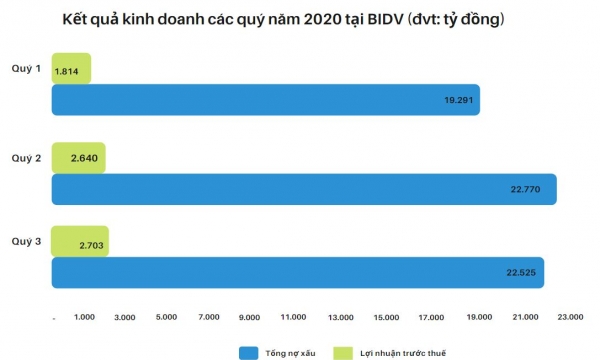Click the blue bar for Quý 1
pyautogui.click(x=265, y=100)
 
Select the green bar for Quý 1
pyautogui.click(x=70, y=69)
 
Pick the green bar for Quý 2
pyautogui.click(x=78, y=157)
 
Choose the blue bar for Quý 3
pyautogui.click(x=297, y=272)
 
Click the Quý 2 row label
pyautogui.click(x=26, y=157)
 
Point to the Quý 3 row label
pyautogui.click(x=26, y=241)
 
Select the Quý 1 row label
pyautogui.click(x=26, y=70)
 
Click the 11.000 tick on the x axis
pyautogui.click(x=294, y=317)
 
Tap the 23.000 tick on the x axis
pyautogui.click(x=569, y=317)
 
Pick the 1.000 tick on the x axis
pyautogui.click(x=84, y=317)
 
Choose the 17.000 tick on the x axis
pyautogui.click(x=431, y=317)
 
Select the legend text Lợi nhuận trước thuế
pyautogui.click(x=403, y=352)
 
